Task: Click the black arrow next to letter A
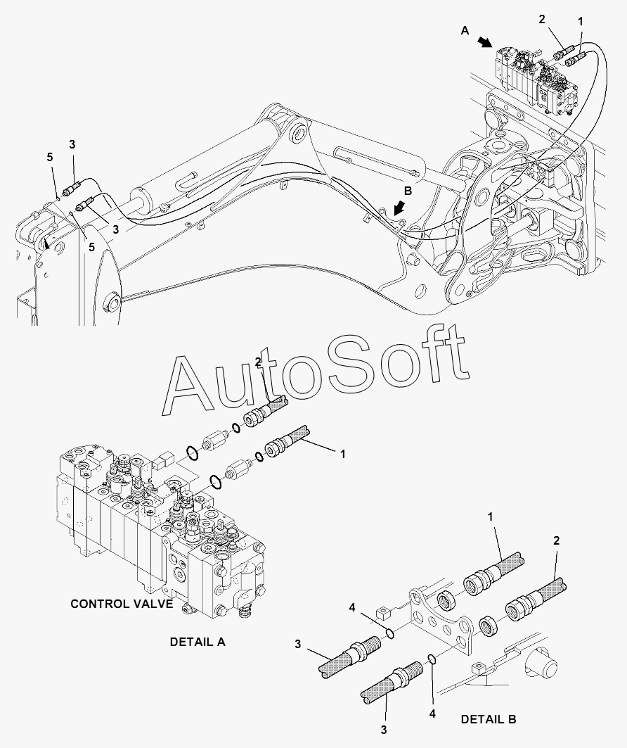point(486,42)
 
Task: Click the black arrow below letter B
point(399,208)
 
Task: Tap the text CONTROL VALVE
point(122,604)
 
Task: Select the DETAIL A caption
point(198,642)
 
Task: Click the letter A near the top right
point(465,30)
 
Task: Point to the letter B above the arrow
point(408,191)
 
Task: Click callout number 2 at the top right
point(542,20)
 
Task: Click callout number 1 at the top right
point(581,22)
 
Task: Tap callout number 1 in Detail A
point(342,455)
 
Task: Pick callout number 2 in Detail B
point(556,540)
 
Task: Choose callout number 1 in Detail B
point(490,516)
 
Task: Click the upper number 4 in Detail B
point(351,607)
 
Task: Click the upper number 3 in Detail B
point(298,645)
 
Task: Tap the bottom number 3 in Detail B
point(384,730)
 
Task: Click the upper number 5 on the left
point(50,158)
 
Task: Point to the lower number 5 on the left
point(91,246)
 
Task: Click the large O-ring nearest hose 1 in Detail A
point(216,482)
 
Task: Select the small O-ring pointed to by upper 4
point(389,633)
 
